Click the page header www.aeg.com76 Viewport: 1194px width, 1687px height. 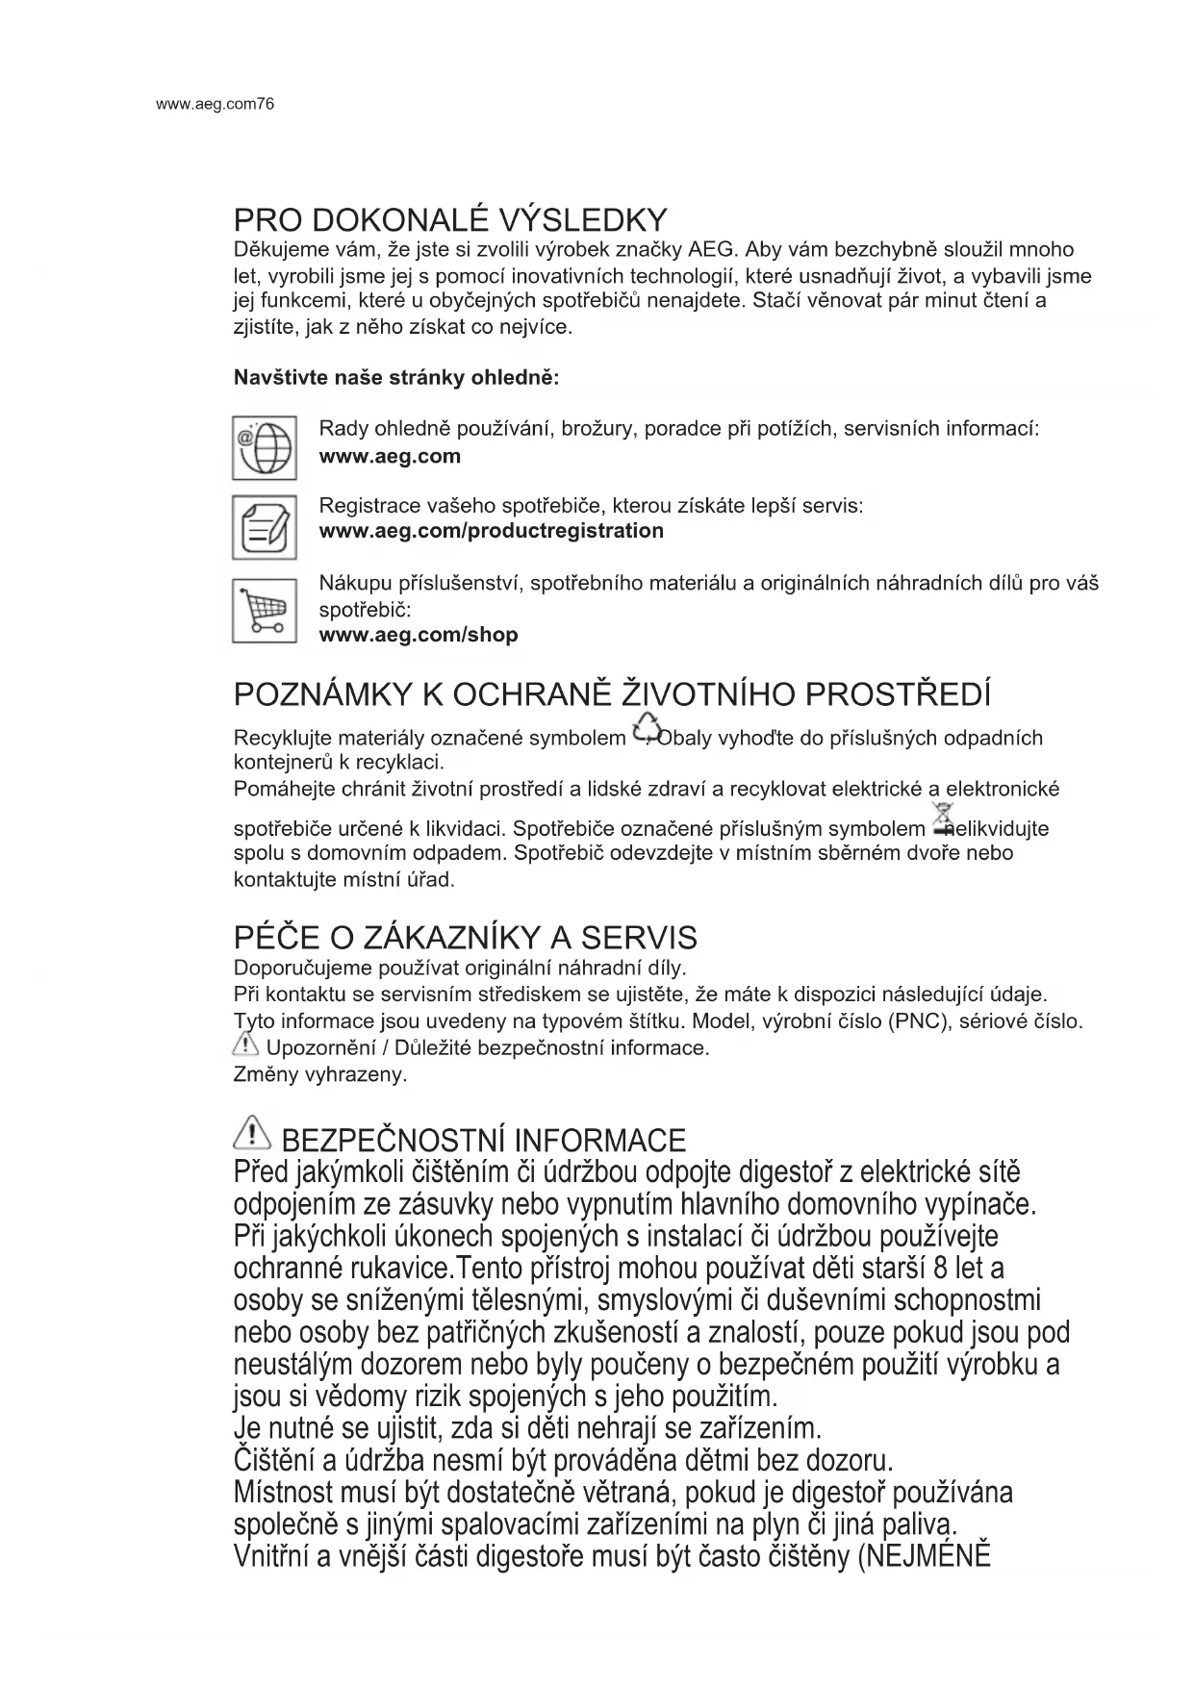tap(215, 104)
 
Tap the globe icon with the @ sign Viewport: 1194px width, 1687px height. tap(264, 447)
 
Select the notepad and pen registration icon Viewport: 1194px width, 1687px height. tap(264, 527)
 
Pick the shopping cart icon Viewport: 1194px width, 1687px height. tap(264, 610)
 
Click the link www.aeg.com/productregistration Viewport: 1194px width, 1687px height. tap(491, 531)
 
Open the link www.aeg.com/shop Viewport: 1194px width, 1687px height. tap(419, 635)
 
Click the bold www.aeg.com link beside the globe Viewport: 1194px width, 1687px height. tap(390, 456)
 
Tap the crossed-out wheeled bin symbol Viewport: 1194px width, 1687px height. tap(942, 819)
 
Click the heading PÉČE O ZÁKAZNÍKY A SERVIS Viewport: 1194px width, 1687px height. tap(466, 937)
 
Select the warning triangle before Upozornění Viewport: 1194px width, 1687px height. tap(247, 1045)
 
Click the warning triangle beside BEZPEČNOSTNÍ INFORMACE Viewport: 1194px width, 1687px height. tap(252, 1136)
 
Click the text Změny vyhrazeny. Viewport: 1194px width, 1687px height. tap(320, 1074)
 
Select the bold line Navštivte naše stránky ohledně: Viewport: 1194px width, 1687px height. tap(396, 377)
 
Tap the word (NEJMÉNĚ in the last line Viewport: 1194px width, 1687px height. tap(923, 1555)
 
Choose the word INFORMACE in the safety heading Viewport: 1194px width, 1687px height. tap(599, 1141)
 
